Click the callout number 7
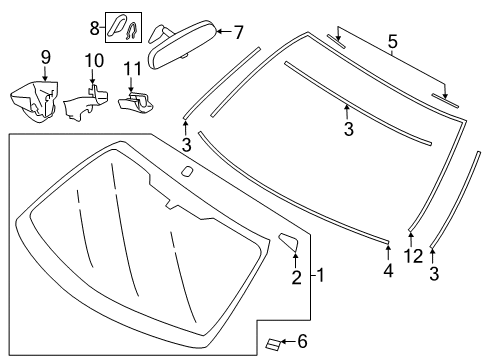tap(239, 33)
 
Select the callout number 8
tap(95, 28)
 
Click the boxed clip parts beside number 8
tap(124, 28)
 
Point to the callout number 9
tap(46, 57)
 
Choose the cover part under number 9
tap(34, 101)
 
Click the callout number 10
tap(94, 61)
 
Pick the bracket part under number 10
tap(85, 102)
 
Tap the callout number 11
tap(132, 69)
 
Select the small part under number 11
tap(136, 102)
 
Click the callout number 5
tap(393, 42)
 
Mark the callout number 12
tap(413, 256)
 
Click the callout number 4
tap(388, 270)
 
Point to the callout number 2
tap(297, 277)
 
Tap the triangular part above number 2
tap(289, 241)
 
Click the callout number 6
tap(302, 341)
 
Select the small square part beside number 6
tap(273, 344)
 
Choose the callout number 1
tap(320, 276)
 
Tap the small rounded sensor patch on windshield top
tap(187, 171)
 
